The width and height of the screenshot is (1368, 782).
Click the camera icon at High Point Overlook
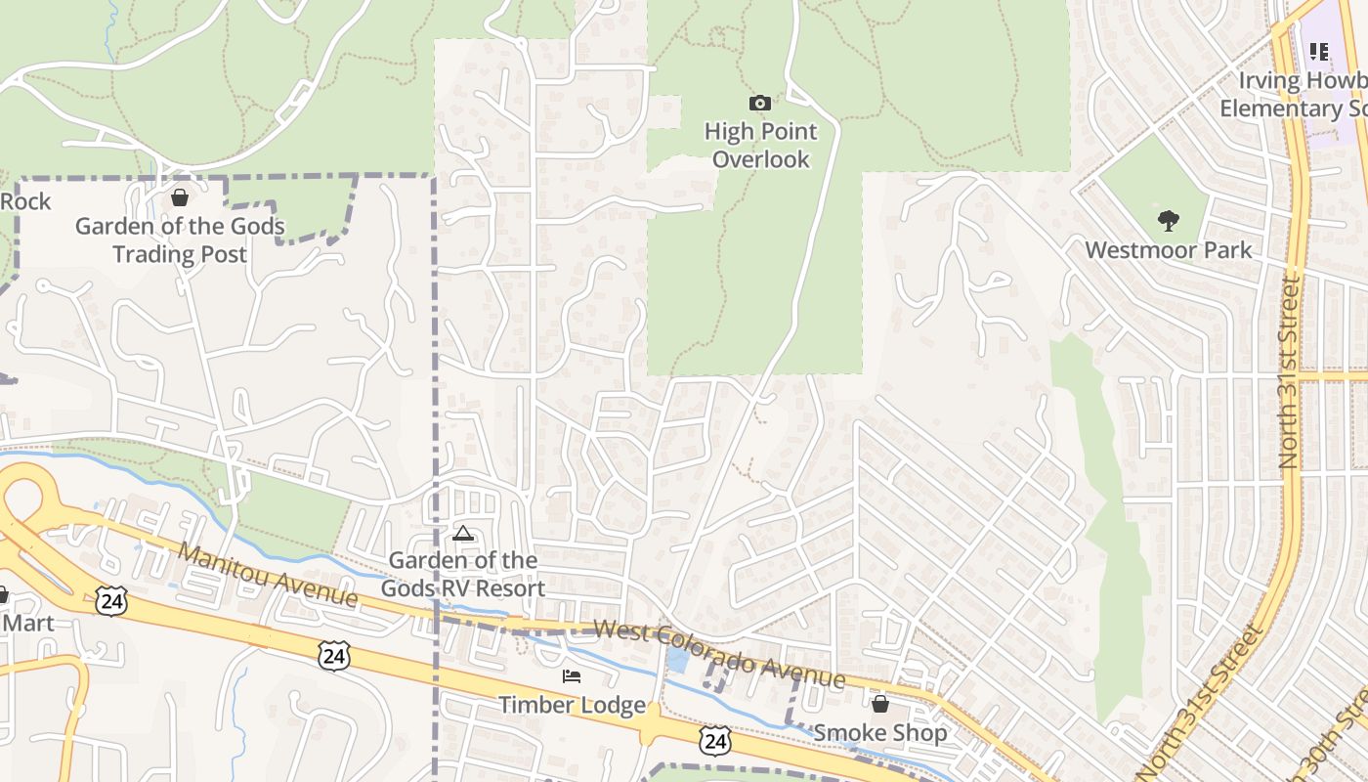coord(759,103)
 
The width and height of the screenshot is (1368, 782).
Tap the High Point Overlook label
coord(760,145)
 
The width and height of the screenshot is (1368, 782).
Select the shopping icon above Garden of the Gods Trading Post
coord(180,197)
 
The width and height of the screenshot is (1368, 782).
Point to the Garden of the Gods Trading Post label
coord(180,240)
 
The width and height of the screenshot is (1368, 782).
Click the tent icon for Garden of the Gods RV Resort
coord(462,534)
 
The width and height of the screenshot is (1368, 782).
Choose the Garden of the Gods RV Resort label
coord(462,575)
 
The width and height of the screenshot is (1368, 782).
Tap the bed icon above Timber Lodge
coord(572,676)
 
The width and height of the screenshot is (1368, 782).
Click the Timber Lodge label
coord(572,705)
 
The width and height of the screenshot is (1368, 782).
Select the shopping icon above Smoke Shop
coord(879,704)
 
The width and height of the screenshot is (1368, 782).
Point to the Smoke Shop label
coord(879,733)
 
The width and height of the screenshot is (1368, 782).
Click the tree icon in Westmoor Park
coord(1168,220)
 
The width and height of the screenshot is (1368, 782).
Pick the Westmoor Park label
coord(1168,250)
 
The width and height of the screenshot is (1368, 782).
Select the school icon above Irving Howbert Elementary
coord(1319,51)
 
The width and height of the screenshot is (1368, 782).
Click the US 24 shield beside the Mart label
coord(111,601)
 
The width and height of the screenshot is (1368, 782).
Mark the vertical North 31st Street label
coord(1290,371)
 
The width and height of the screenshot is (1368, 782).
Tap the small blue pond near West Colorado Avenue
coord(676,658)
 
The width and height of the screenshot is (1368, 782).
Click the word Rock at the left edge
coord(25,202)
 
